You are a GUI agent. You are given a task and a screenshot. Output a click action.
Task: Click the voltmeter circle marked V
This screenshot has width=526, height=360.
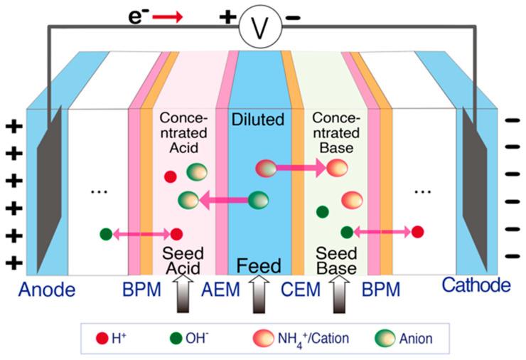coord(260,29)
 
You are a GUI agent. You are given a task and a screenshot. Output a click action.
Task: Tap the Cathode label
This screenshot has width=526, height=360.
coord(476,285)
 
